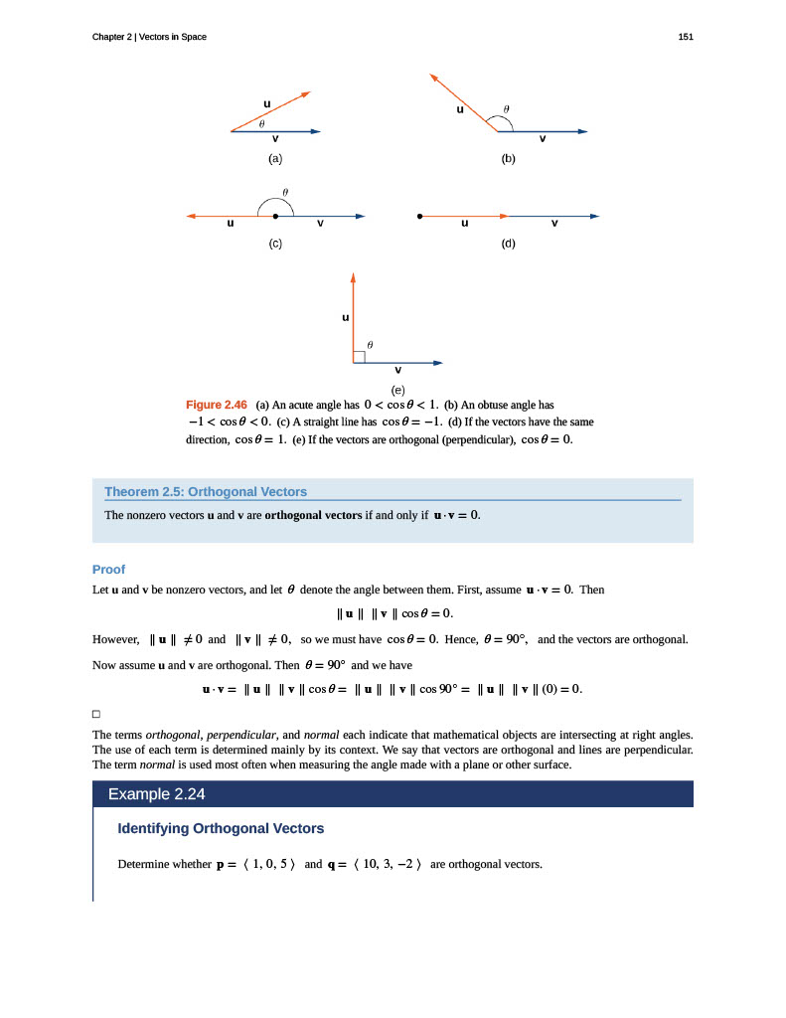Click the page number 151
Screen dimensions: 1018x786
pyautogui.click(x=685, y=37)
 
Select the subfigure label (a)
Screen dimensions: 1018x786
pyautogui.click(x=274, y=158)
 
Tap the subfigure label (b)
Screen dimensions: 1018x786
pyautogui.click(x=508, y=158)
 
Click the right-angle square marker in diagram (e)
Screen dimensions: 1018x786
pyautogui.click(x=359, y=357)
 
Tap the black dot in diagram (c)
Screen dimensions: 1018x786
pyautogui.click(x=275, y=216)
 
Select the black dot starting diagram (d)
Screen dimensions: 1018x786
pyautogui.click(x=420, y=216)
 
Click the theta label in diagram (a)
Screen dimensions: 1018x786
pyautogui.click(x=261, y=124)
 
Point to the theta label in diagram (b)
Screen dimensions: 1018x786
pyautogui.click(x=506, y=108)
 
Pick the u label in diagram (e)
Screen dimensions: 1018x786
pyautogui.click(x=345, y=318)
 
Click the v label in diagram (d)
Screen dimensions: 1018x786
pyautogui.click(x=554, y=223)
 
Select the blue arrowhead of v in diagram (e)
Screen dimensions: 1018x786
pyautogui.click(x=437, y=363)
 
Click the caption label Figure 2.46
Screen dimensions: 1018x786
pyautogui.click(x=217, y=405)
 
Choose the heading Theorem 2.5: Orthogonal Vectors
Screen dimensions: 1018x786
pyautogui.click(x=206, y=491)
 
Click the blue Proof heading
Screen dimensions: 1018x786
pyautogui.click(x=108, y=570)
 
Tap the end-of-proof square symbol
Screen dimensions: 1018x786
pyautogui.click(x=96, y=714)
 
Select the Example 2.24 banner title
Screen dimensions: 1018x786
pyautogui.click(x=156, y=794)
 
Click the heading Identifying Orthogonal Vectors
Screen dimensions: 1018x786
pyautogui.click(x=221, y=828)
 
